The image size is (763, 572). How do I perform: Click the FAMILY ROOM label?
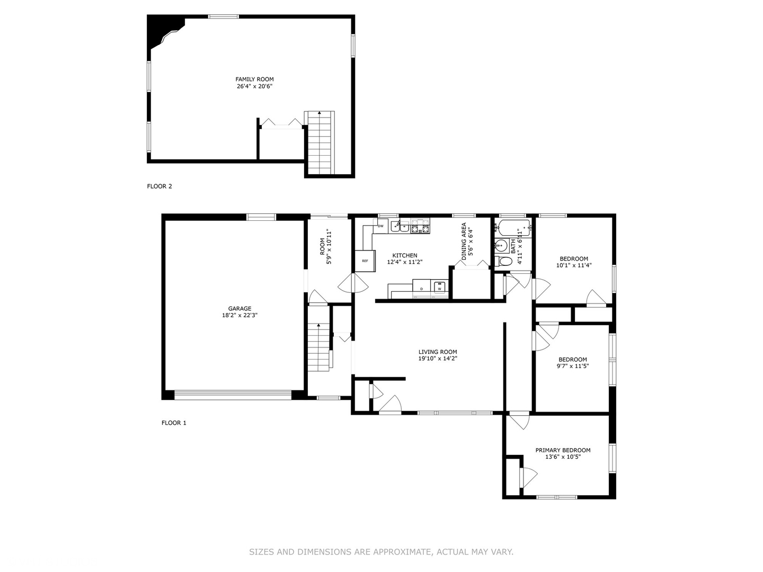coord(254,79)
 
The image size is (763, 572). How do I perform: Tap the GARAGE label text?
coord(239,308)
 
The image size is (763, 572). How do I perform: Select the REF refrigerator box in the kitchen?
coord(365,261)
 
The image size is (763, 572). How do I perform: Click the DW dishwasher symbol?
coord(380,226)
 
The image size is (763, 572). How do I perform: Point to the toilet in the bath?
coord(503,261)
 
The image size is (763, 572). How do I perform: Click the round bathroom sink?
coord(501,246)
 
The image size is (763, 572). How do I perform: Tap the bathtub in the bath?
coord(513,228)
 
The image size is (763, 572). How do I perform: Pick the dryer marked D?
coord(422,288)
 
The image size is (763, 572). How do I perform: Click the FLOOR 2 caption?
coord(159,186)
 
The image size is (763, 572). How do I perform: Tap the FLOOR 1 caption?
coord(174,423)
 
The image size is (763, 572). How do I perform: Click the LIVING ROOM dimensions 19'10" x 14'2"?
coord(438,359)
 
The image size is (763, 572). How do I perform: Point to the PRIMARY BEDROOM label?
coord(563,450)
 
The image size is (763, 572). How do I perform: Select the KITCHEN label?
coord(405,255)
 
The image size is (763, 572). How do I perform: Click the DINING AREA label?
coord(464,242)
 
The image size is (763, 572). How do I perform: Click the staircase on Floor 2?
coord(320,142)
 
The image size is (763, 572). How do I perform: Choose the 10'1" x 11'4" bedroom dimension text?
coord(574,265)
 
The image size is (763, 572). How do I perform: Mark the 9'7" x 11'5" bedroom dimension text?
coord(572,365)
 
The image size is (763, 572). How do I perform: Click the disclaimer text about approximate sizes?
coord(381,552)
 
